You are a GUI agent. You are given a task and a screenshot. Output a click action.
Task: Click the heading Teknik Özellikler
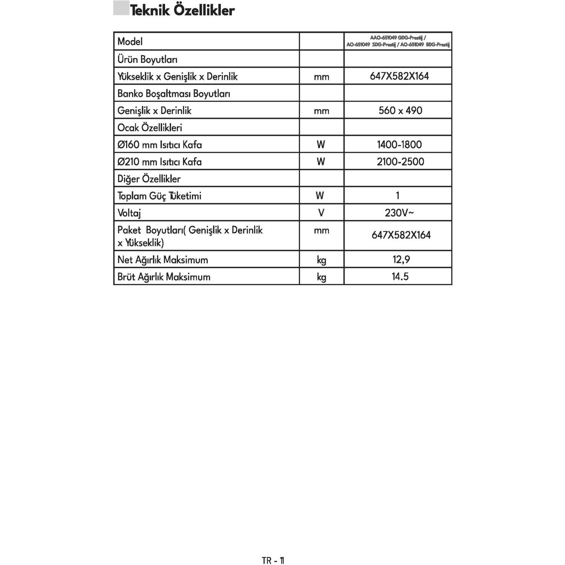tap(182, 10)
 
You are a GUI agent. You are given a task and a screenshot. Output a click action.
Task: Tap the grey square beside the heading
tap(121, 9)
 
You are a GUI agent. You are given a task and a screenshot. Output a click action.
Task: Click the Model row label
tap(130, 41)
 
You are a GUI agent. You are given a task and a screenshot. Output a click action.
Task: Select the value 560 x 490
tap(400, 111)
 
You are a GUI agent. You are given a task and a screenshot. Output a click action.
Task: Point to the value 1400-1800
tap(399, 145)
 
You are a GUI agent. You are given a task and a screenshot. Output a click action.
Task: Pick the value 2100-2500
tap(400, 162)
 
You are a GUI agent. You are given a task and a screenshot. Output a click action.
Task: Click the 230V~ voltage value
tap(399, 213)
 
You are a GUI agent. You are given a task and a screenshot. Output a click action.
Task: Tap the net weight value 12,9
tap(400, 260)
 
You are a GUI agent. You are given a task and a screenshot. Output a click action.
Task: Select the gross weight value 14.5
tap(400, 276)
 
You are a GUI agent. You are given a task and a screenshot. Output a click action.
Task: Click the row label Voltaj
tap(129, 213)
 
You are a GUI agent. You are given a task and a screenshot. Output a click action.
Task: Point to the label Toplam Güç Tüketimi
tap(159, 196)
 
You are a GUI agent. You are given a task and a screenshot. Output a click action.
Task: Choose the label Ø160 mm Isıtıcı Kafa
tap(160, 145)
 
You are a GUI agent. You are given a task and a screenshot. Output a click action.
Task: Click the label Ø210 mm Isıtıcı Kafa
tap(160, 162)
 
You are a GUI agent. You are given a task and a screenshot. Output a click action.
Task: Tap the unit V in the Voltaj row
tap(321, 213)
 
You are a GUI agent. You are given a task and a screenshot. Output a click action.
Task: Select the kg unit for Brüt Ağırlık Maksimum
tap(321, 277)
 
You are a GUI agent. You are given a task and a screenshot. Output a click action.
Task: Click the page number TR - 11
tap(273, 560)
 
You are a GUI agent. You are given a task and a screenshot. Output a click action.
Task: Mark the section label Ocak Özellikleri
tap(150, 128)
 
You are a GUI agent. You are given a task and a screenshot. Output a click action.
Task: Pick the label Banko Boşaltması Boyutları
tap(174, 94)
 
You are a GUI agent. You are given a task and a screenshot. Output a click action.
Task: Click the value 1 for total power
tap(398, 195)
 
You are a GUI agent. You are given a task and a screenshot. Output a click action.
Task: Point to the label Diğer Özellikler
tap(149, 179)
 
